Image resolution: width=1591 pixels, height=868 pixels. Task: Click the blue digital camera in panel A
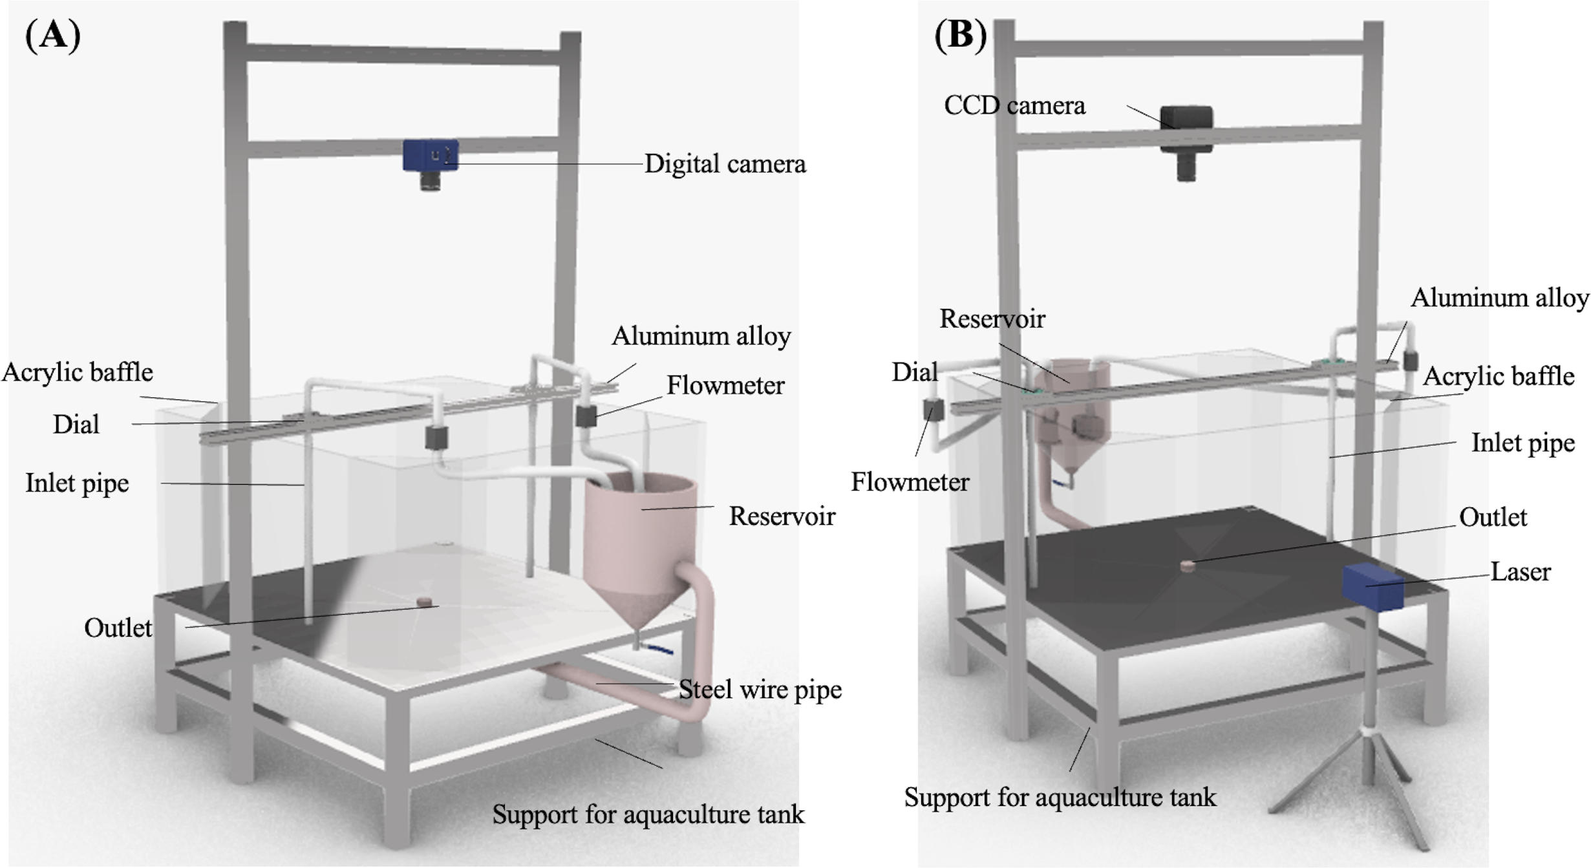[x=431, y=156]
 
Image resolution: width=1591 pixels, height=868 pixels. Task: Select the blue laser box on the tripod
[x=1372, y=586]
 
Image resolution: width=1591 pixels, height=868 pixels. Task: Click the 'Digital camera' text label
[x=725, y=164]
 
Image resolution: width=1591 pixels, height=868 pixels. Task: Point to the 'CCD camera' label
[x=1014, y=105]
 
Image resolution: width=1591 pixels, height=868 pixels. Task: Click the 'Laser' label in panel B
[x=1520, y=572]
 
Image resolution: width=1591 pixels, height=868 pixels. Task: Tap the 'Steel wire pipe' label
[x=760, y=690]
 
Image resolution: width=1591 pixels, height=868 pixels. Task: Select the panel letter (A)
[x=53, y=35]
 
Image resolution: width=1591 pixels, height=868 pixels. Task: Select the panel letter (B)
[x=961, y=35]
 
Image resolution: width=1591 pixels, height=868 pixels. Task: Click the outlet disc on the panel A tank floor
[x=423, y=602]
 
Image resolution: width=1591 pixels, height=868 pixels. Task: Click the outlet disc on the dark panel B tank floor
[x=1187, y=566]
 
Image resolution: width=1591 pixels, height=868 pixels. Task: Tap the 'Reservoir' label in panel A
[x=782, y=516]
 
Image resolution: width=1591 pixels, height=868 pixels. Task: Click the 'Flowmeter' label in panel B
[x=910, y=482]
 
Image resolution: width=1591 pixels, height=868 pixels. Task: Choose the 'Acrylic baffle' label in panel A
[x=77, y=372]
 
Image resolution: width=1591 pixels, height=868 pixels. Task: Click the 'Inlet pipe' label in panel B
[x=1522, y=443]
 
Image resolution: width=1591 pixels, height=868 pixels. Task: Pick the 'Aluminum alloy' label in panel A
[x=701, y=336]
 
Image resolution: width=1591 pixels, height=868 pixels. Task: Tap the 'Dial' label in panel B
[x=914, y=372]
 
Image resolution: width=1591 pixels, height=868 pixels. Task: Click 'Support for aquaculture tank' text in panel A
[x=648, y=814]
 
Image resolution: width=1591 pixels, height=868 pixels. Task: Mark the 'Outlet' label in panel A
[x=118, y=628]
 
